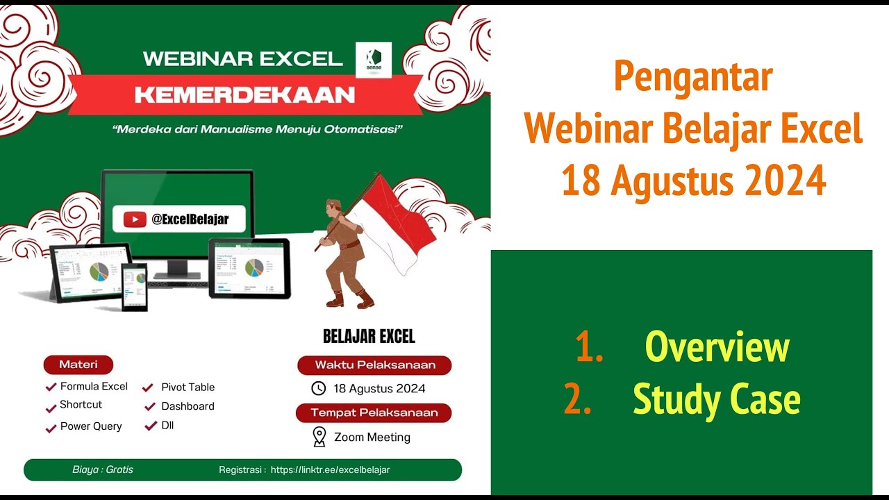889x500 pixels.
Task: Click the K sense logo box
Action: tap(374, 60)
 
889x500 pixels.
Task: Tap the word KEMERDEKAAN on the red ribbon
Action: tap(245, 94)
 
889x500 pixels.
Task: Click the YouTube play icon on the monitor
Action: tap(135, 219)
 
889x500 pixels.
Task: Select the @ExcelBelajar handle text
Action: tap(190, 219)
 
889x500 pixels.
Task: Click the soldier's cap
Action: tap(334, 203)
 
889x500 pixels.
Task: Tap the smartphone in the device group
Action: tap(135, 286)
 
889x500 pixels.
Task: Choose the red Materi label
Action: tap(78, 365)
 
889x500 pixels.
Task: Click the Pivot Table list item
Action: tap(188, 387)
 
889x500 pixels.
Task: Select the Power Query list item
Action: tap(91, 426)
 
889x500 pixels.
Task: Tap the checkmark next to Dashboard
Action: tap(151, 406)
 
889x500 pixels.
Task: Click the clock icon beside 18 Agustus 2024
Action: tap(318, 388)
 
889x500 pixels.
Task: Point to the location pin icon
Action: tap(319, 436)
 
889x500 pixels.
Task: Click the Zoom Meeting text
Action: tap(372, 437)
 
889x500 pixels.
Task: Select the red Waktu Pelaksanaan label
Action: tap(374, 365)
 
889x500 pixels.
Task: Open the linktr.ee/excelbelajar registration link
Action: tap(330, 470)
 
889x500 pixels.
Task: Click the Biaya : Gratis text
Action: tap(103, 470)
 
